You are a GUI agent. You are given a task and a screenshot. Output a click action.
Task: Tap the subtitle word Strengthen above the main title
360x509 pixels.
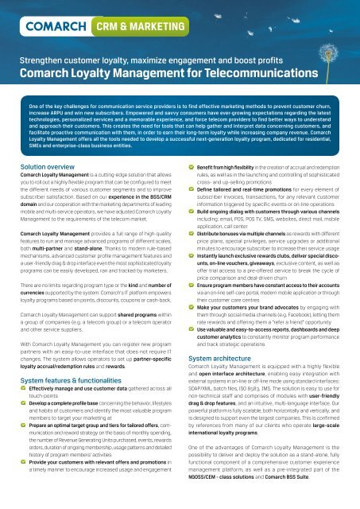tap(40, 60)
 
